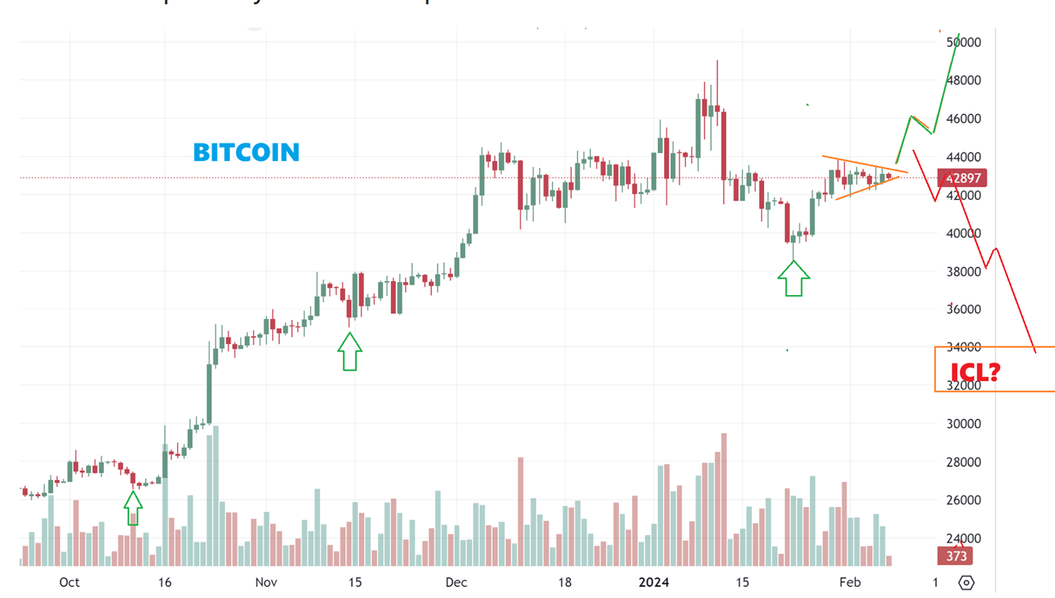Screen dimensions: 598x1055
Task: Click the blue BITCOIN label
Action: coord(247,152)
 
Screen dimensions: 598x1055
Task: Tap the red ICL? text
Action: coord(975,372)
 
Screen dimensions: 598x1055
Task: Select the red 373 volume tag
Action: coord(956,556)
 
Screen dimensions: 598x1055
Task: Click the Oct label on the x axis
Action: coord(69,583)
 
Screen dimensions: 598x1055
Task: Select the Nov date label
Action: coord(266,583)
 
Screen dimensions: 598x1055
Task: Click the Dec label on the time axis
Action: coord(456,583)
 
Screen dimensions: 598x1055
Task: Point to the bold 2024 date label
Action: coord(654,583)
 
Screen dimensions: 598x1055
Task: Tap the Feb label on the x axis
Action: coord(849,583)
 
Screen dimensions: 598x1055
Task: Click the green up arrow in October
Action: coord(133,508)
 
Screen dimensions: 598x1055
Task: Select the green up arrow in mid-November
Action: coord(350,352)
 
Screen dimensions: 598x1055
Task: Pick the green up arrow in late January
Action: coord(793,278)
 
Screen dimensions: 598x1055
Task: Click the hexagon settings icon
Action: coord(966,583)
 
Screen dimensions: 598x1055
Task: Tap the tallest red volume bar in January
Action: coord(724,500)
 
